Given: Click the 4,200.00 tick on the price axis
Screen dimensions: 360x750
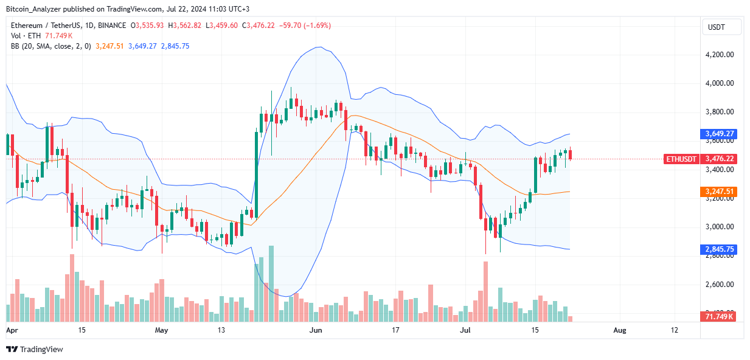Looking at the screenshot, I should [720, 54].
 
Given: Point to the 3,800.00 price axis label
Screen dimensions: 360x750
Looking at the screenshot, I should [720, 112].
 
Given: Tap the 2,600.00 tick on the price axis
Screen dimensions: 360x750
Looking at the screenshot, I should [720, 284].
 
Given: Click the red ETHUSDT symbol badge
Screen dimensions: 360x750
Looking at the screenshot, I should [681, 159].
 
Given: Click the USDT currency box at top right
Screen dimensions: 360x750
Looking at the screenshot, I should [721, 27].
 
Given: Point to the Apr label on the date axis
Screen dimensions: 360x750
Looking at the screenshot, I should [12, 330].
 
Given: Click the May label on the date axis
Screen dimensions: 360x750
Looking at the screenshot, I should [161, 330].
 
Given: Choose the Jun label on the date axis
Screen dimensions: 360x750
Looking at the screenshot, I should [316, 330].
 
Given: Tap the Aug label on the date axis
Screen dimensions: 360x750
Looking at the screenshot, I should [619, 330].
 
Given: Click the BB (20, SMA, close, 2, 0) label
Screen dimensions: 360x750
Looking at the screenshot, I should [50, 46].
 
